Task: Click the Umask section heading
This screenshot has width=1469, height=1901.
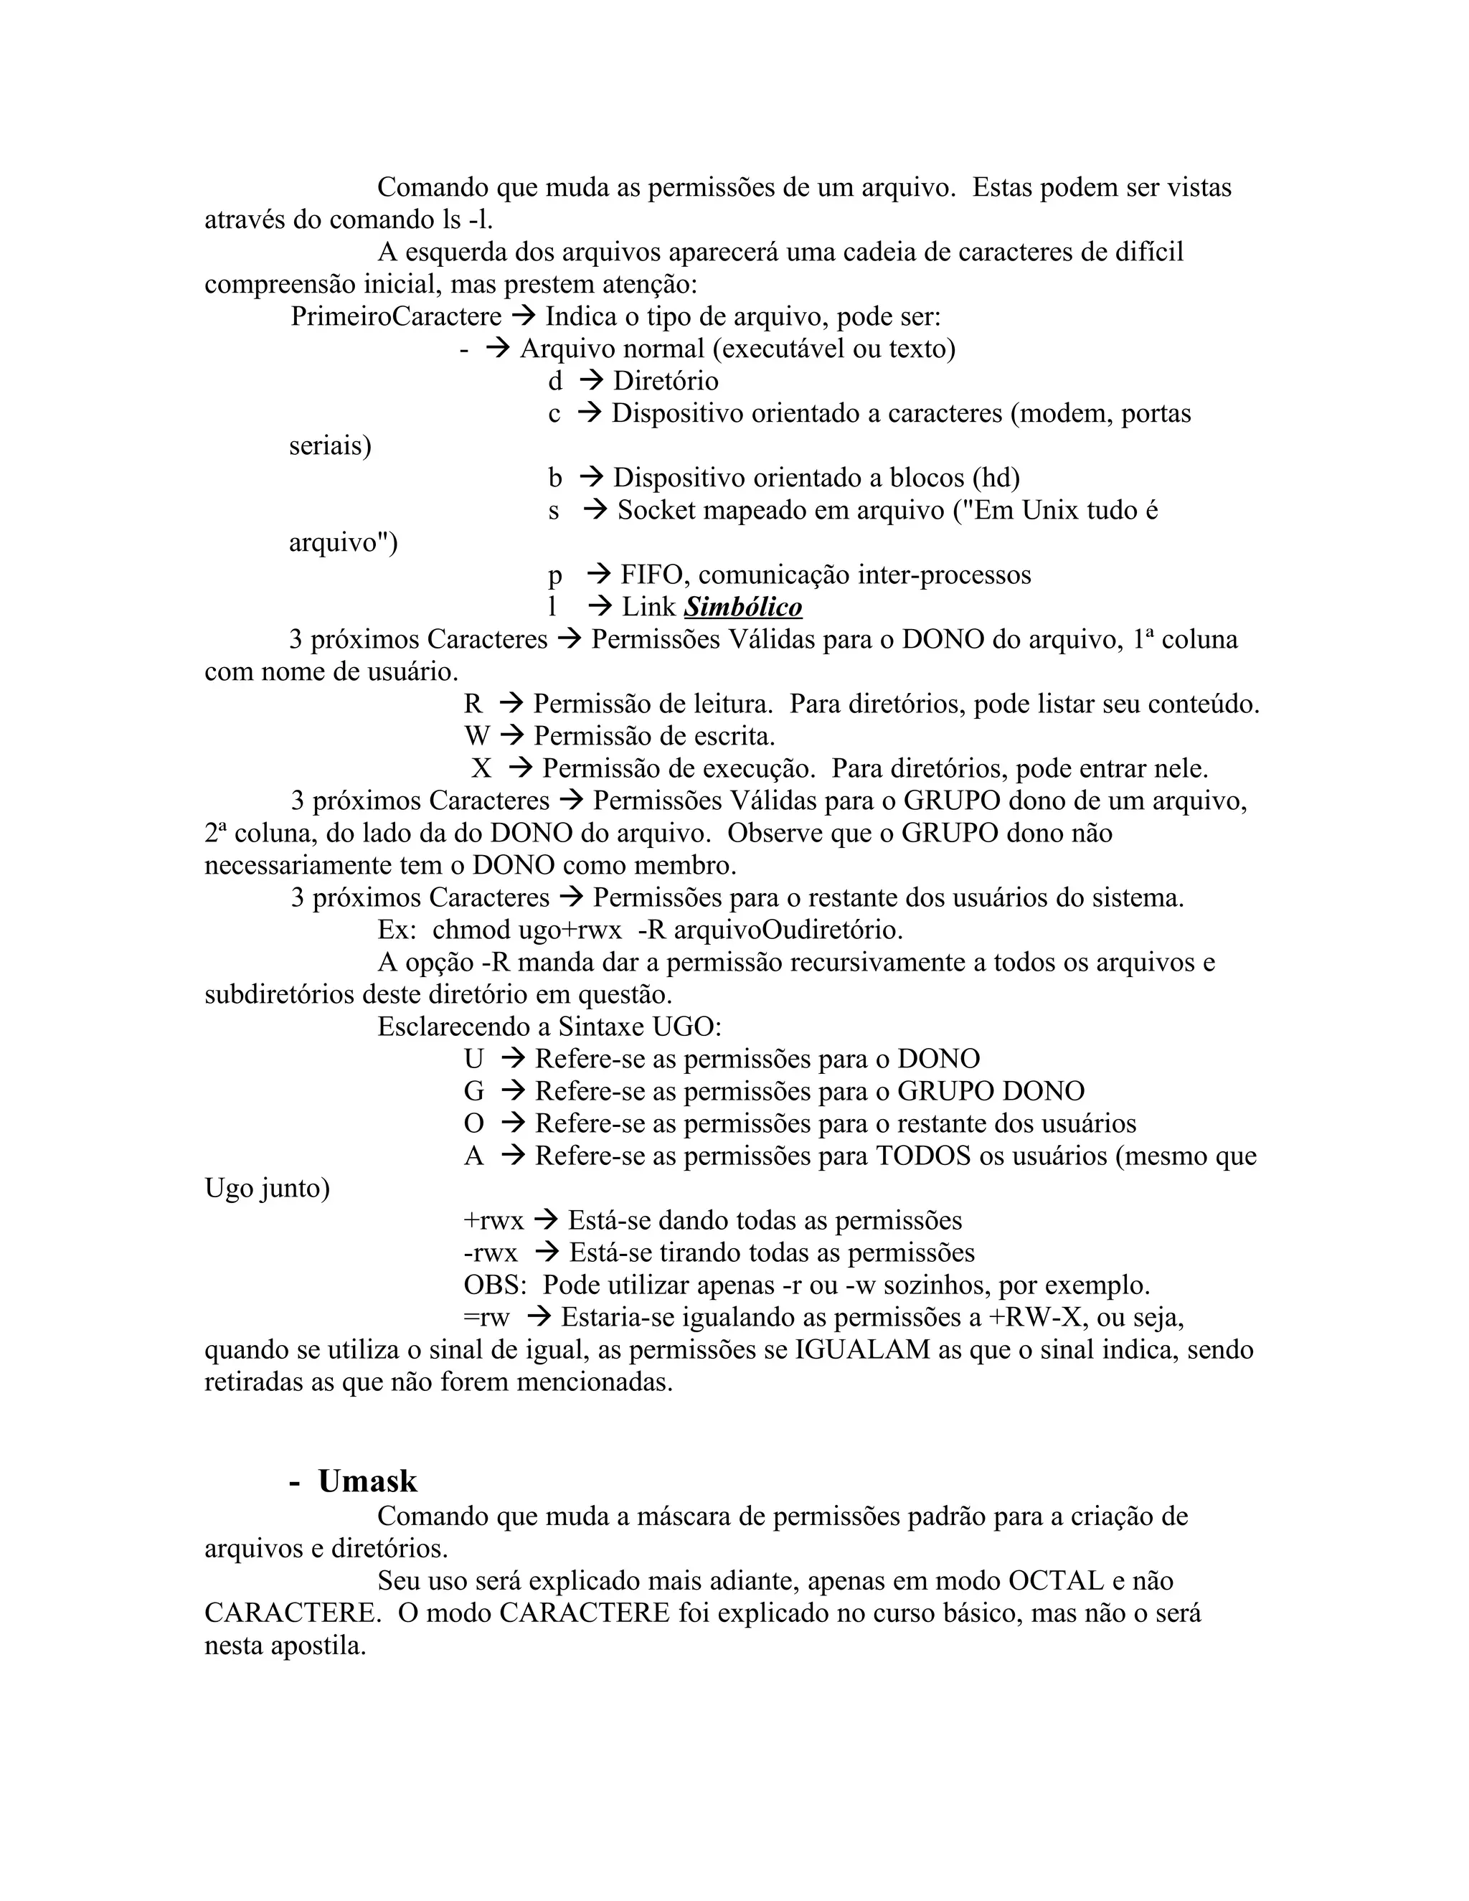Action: click(367, 1481)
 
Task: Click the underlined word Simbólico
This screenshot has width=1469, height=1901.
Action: click(742, 607)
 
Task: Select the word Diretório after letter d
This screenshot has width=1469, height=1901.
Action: click(665, 380)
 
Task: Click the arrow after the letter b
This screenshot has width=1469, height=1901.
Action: click(591, 477)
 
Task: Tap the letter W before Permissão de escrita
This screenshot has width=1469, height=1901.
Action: click(477, 737)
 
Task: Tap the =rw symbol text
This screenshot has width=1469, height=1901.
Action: click(486, 1317)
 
